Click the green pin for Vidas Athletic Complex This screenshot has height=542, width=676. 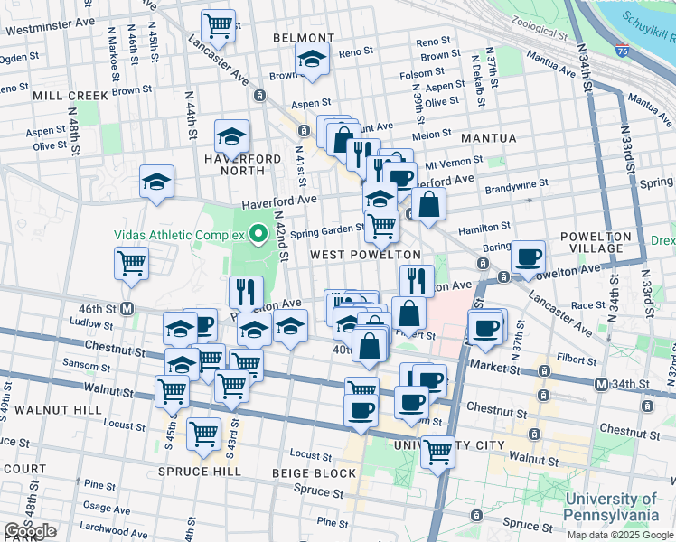point(258,235)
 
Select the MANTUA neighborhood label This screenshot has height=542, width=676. point(488,138)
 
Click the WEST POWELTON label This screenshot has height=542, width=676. point(365,256)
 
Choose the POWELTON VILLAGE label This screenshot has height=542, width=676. point(595,243)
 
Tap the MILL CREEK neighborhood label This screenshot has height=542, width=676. point(70,95)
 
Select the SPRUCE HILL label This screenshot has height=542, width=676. point(199,472)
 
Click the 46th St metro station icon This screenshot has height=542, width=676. point(127,308)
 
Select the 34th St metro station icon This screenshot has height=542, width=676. point(602,385)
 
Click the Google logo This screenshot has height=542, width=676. point(31,531)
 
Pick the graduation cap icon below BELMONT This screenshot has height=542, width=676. point(313,60)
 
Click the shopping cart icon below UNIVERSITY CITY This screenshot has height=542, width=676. point(437,450)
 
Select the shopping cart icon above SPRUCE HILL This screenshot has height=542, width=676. point(203,434)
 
